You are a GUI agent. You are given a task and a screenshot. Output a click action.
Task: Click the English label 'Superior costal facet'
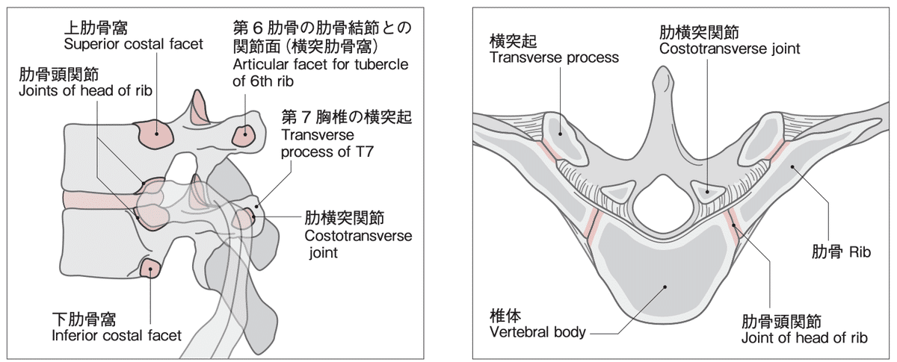(x=133, y=44)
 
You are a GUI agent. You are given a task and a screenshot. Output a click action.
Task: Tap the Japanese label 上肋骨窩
(x=96, y=28)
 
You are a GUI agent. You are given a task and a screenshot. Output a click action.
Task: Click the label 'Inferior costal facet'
(x=117, y=335)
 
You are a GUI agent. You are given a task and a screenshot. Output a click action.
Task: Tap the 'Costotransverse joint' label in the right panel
(x=730, y=49)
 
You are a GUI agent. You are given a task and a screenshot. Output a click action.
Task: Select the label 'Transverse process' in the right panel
(x=554, y=57)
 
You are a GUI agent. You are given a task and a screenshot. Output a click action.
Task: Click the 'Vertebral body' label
(x=537, y=331)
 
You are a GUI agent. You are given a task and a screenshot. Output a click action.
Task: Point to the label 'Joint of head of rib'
(x=804, y=338)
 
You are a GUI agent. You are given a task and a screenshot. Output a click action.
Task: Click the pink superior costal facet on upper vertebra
(x=155, y=134)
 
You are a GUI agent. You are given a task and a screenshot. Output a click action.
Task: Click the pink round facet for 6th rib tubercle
(x=244, y=137)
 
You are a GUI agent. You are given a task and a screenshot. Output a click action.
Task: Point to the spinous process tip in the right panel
(x=662, y=75)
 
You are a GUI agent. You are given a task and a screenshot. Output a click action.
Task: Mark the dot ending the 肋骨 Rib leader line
(x=792, y=170)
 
